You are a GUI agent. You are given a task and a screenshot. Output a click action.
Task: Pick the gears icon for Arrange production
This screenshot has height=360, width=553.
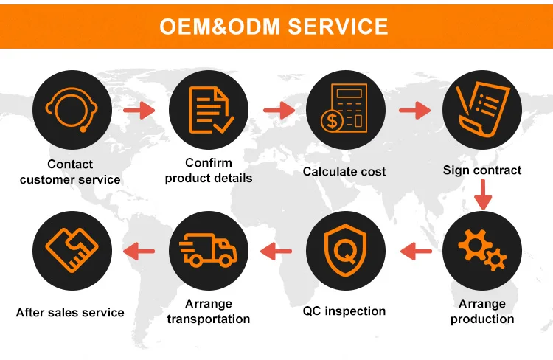(x=483, y=250)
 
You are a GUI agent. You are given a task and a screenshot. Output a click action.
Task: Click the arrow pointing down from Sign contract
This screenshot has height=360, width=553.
(x=482, y=194)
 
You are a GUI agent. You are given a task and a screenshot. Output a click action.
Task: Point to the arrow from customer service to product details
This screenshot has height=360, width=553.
(x=139, y=111)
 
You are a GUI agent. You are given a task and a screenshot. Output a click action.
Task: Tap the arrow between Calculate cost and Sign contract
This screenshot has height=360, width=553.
(x=414, y=111)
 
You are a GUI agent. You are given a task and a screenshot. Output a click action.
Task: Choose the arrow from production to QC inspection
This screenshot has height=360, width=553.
(x=416, y=252)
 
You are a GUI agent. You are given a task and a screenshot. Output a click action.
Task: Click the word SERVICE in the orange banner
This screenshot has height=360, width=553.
(x=337, y=27)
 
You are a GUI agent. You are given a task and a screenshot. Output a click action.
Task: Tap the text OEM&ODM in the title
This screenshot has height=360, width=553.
(x=220, y=27)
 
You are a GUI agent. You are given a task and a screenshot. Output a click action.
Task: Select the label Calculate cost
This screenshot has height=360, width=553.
(x=344, y=171)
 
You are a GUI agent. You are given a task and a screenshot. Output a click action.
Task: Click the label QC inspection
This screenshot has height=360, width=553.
(x=344, y=311)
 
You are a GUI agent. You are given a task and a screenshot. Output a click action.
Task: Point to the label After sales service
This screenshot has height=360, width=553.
(x=70, y=312)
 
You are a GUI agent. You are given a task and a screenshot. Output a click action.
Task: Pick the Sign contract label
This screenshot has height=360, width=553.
(x=482, y=170)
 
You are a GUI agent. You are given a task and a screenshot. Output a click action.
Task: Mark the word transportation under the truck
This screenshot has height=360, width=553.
(x=209, y=319)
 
